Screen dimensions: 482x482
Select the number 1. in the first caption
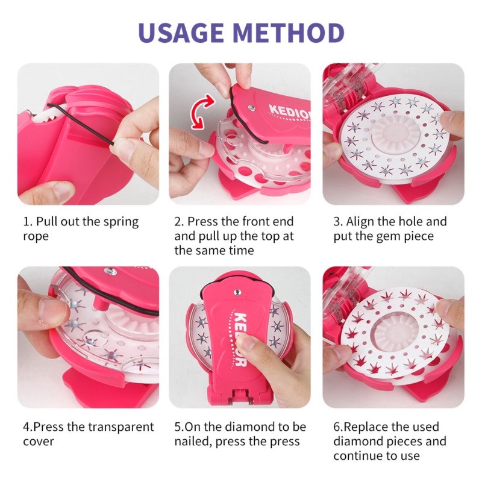[28, 221]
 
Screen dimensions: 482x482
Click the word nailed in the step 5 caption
[196, 442]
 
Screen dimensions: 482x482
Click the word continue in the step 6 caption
[360, 456]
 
